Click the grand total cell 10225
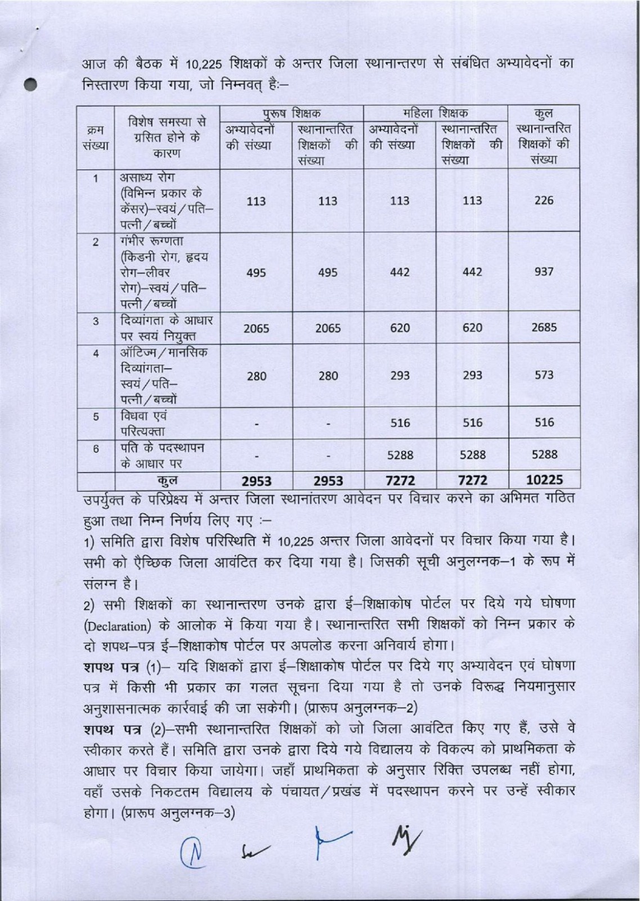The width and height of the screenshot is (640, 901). [x=544, y=480]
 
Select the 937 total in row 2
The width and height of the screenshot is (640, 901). [x=544, y=272]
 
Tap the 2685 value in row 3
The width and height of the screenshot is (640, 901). [x=544, y=327]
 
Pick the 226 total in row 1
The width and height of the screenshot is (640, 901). [x=544, y=200]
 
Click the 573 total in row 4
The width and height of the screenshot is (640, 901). [x=544, y=374]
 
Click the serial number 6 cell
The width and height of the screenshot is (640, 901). [x=96, y=449]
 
